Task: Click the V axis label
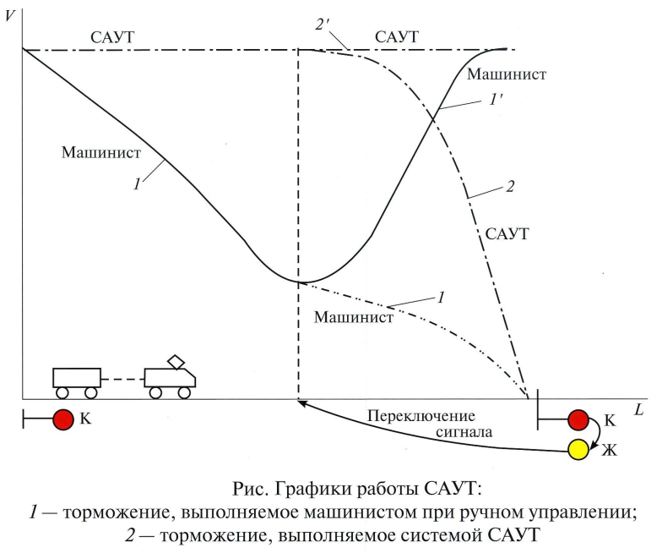(x=9, y=14)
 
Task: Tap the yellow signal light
(x=578, y=450)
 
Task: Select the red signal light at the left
(x=62, y=419)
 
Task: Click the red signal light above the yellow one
(x=578, y=419)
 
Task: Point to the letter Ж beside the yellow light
(x=610, y=450)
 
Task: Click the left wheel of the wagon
(x=62, y=392)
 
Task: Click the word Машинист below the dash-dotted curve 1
(x=354, y=318)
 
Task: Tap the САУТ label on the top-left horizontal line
(x=112, y=38)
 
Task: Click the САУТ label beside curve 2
(x=509, y=233)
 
